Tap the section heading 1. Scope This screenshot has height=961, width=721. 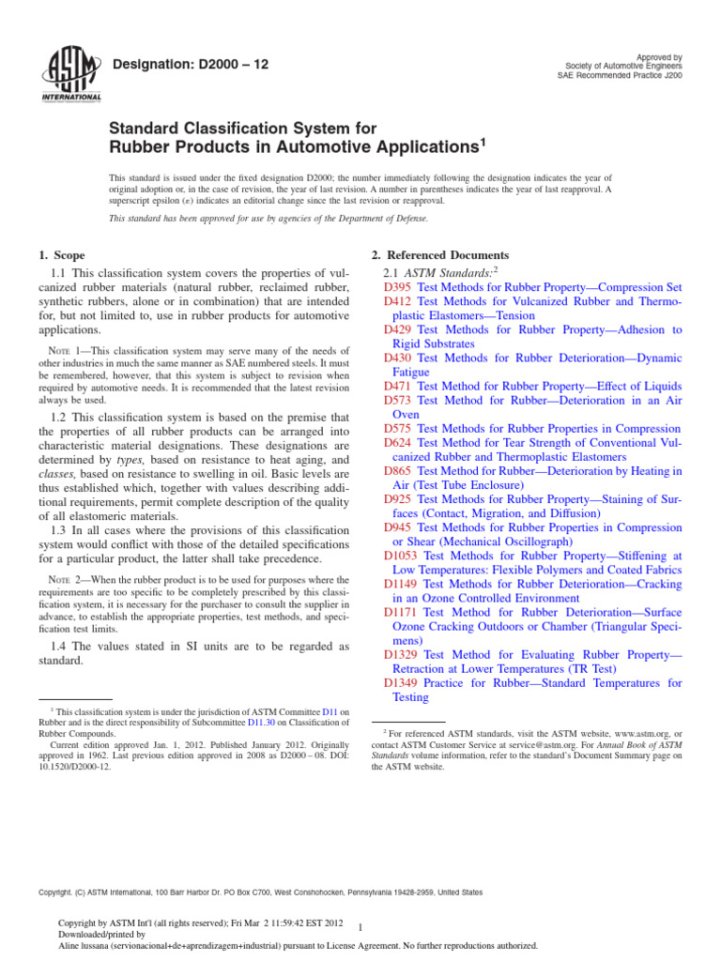pyautogui.click(x=62, y=255)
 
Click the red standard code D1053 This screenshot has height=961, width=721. pyautogui.click(x=402, y=555)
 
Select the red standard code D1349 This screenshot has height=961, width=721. pyautogui.click(x=402, y=683)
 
